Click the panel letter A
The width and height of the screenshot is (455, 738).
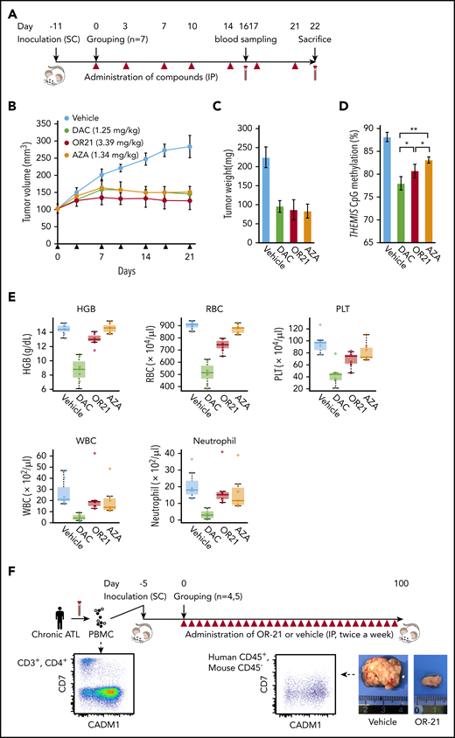(11, 10)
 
